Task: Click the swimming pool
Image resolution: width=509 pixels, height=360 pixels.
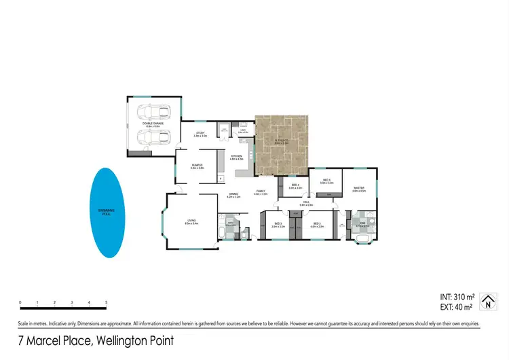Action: click(x=109, y=212)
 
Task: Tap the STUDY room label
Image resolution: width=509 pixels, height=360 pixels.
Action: click(x=200, y=134)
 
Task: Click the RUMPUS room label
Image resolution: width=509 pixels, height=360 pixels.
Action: click(x=197, y=166)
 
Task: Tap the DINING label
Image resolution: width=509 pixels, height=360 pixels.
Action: click(x=233, y=194)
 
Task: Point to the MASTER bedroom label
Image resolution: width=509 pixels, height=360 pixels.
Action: click(x=359, y=190)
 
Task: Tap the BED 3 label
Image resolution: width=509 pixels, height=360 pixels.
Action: click(x=278, y=224)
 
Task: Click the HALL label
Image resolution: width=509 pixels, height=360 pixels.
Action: click(x=306, y=202)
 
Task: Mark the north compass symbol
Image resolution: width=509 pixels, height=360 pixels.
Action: click(x=487, y=302)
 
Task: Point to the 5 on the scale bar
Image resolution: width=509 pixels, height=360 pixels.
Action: click(x=106, y=303)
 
